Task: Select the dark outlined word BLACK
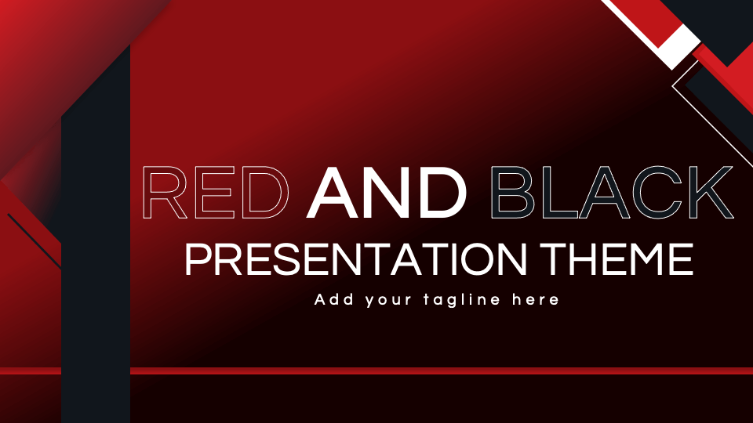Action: (612, 192)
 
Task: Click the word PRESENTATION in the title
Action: (353, 259)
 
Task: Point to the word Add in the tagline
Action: (333, 299)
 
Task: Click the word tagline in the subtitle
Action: (460, 300)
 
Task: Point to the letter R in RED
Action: (162, 192)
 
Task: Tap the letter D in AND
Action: (442, 192)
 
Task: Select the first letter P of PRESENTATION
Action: (197, 259)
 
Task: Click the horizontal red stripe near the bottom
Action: (439, 371)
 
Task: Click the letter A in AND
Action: (334, 192)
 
